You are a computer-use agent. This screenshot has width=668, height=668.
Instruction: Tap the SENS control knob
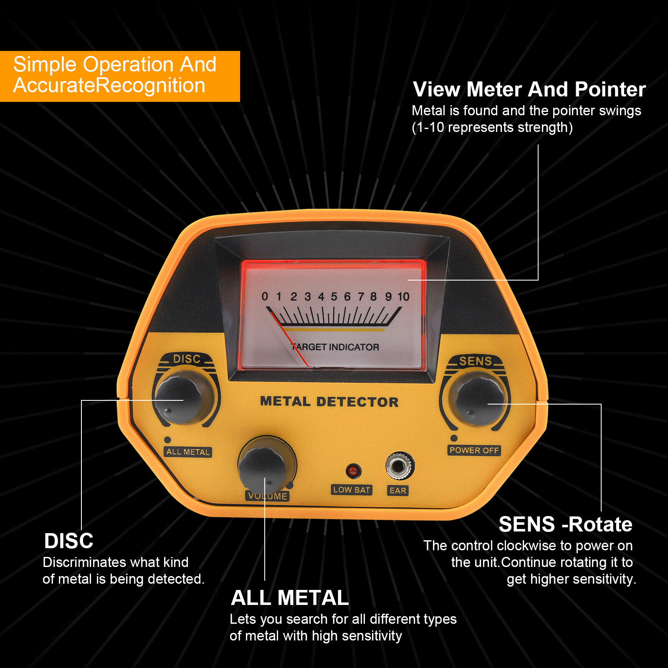click(479, 402)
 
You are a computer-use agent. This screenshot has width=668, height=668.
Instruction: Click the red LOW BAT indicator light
click(353, 471)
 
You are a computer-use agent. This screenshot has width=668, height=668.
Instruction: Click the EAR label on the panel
click(397, 491)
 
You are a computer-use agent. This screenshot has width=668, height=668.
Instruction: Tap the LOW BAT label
click(352, 490)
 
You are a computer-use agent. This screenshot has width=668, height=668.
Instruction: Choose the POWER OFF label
click(474, 450)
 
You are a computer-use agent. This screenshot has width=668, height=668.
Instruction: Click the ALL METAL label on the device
click(188, 452)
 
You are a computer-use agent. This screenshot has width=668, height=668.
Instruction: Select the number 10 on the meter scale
click(403, 297)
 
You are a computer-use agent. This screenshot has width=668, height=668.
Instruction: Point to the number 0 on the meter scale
click(265, 297)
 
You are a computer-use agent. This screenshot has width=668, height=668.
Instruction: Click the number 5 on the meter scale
click(334, 297)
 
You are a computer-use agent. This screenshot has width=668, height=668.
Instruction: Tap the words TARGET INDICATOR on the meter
click(335, 347)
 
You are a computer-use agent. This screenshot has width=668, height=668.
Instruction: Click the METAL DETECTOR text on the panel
click(329, 402)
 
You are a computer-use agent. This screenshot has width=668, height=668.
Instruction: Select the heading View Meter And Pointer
click(529, 89)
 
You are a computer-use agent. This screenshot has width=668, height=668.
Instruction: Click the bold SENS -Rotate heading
click(565, 524)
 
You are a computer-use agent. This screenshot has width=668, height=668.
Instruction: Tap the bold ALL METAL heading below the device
click(290, 598)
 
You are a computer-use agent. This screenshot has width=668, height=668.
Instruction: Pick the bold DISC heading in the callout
click(68, 541)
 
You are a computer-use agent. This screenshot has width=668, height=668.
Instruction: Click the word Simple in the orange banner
click(45, 65)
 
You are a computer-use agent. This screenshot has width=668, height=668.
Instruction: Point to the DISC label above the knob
click(187, 359)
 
